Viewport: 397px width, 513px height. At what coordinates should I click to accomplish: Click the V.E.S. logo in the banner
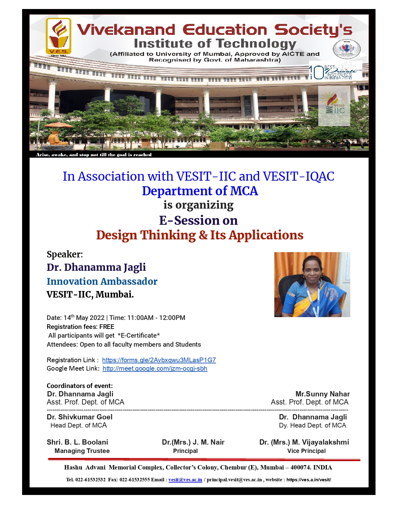coord(59,37)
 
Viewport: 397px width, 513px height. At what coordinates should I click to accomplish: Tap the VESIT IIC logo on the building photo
coord(334,106)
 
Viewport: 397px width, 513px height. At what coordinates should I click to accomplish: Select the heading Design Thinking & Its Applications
coord(200,235)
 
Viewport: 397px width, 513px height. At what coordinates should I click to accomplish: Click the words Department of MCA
coord(200,191)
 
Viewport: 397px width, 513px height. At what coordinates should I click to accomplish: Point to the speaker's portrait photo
coord(312,284)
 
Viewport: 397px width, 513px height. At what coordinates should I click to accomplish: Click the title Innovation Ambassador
coord(102,281)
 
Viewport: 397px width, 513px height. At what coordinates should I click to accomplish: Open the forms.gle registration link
coord(159,360)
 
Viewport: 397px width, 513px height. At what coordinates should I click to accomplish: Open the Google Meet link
coord(155,368)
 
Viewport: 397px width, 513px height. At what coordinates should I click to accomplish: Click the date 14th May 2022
coord(84,318)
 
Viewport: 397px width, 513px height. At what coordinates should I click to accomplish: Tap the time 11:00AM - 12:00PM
coord(156,318)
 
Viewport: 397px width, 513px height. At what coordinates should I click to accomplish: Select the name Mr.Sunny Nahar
coord(323,394)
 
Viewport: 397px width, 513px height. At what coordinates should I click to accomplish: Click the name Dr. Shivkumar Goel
coord(79,417)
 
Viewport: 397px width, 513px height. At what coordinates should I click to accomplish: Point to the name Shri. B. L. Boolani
coord(77,442)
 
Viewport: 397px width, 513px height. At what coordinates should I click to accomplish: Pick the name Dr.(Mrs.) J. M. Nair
coord(193,442)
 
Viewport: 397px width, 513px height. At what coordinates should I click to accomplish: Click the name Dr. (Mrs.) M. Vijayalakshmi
coord(304,442)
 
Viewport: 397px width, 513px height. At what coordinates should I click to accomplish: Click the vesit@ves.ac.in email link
coord(185,480)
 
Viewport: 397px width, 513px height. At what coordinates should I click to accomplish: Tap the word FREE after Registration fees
coord(107,327)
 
